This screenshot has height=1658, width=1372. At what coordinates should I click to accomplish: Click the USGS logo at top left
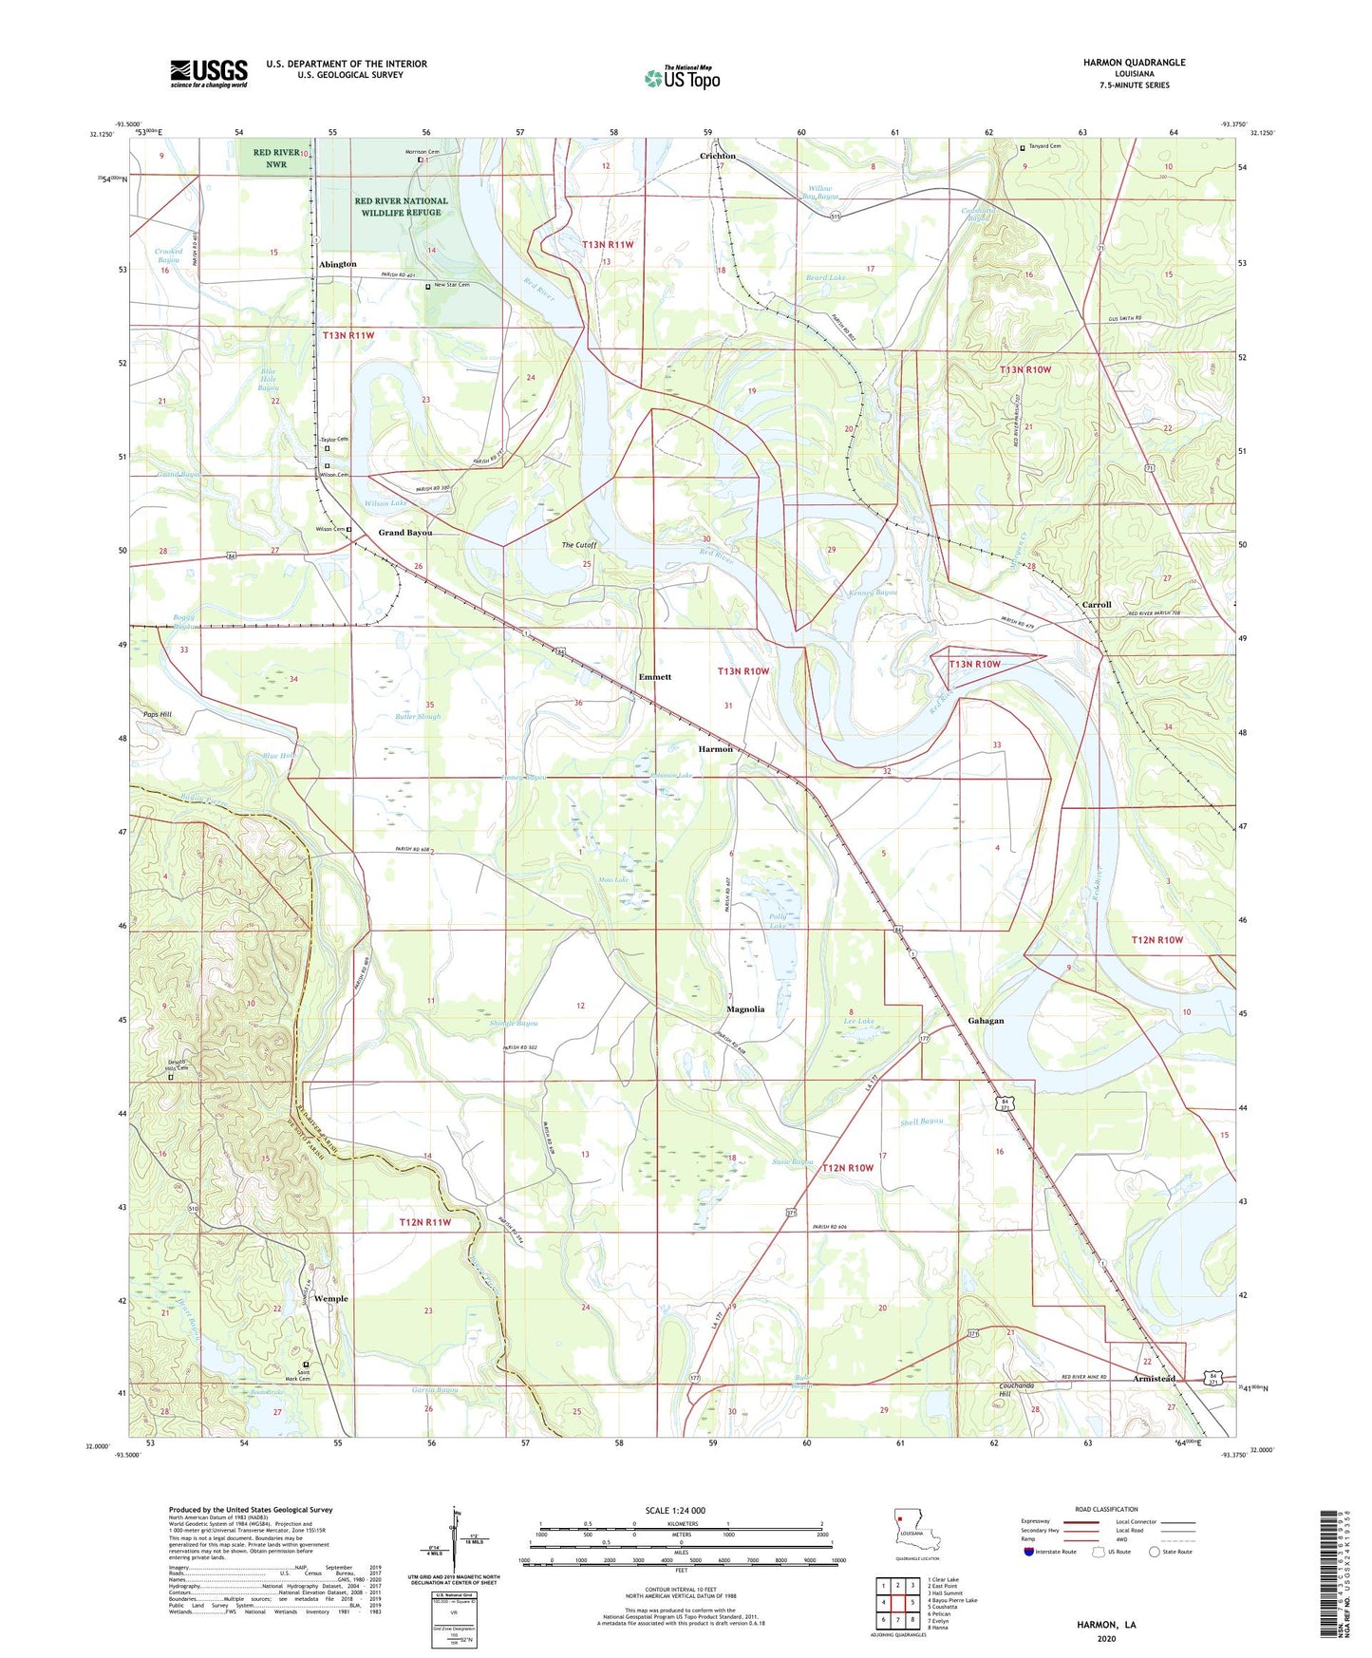(x=209, y=72)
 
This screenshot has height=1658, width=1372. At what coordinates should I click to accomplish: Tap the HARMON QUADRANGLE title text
(x=1134, y=63)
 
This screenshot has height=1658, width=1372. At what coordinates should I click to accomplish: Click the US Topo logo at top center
(x=682, y=78)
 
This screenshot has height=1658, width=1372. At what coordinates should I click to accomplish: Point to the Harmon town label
(x=716, y=749)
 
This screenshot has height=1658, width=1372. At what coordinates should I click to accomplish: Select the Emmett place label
(x=654, y=677)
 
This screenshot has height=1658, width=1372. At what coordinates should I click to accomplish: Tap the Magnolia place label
(x=745, y=1009)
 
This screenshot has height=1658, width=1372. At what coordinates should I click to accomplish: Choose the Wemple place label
(x=330, y=1298)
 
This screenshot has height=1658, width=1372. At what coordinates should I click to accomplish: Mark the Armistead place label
(x=1154, y=1378)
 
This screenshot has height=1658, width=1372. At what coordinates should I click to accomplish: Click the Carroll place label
(x=1097, y=605)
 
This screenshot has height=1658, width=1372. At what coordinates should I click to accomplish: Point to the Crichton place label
(x=718, y=156)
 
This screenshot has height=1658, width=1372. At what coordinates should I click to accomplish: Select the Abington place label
(x=338, y=264)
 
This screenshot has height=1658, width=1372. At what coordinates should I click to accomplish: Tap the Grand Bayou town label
(x=405, y=533)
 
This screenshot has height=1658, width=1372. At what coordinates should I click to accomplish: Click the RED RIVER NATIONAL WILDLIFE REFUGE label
(x=401, y=207)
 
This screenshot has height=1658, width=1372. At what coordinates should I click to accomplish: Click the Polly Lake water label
(x=779, y=921)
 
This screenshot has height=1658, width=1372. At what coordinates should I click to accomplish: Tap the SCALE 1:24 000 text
(x=675, y=1510)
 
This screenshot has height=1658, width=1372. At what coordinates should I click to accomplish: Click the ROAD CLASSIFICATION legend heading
(x=1105, y=1509)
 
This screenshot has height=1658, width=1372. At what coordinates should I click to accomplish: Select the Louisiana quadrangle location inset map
(x=915, y=1531)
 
